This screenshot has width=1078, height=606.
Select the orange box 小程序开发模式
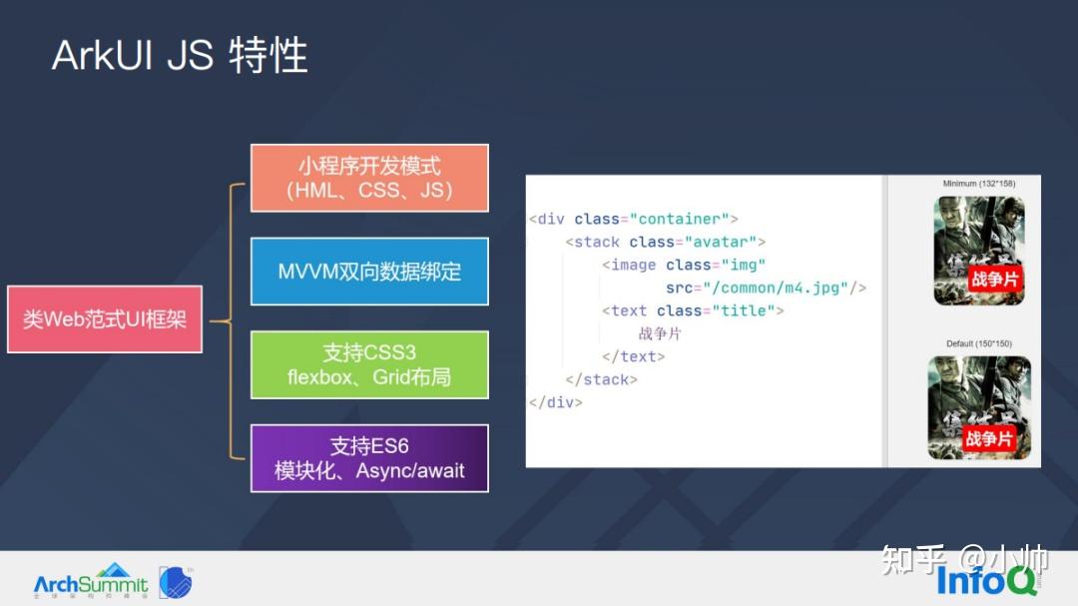(369, 178)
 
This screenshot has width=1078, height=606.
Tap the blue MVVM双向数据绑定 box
(369, 272)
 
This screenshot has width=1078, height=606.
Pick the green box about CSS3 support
(369, 364)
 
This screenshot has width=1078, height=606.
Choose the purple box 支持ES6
(369, 458)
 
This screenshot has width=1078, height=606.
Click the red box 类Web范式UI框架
(105, 319)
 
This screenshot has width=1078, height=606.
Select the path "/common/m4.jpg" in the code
(776, 288)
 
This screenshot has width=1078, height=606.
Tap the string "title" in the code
(744, 310)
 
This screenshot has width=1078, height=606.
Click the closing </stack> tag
(601, 379)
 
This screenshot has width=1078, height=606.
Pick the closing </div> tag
(555, 402)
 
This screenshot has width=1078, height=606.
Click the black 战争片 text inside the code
(661, 333)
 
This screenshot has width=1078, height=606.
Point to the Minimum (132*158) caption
(980, 184)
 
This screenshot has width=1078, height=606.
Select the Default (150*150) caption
(979, 343)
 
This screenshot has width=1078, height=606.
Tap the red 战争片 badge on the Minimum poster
(994, 280)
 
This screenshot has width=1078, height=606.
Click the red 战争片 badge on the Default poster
(989, 439)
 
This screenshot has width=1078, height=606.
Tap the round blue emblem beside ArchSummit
(176, 582)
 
